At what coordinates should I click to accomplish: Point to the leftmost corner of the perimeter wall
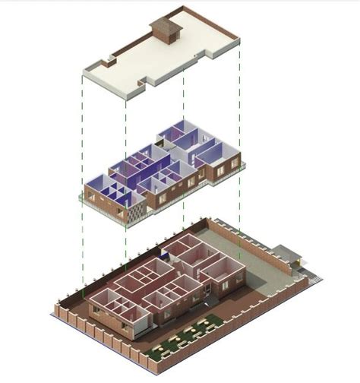pyautogui.click(x=55, y=310)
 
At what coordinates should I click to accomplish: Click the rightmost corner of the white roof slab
pyautogui.click(x=240, y=38)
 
